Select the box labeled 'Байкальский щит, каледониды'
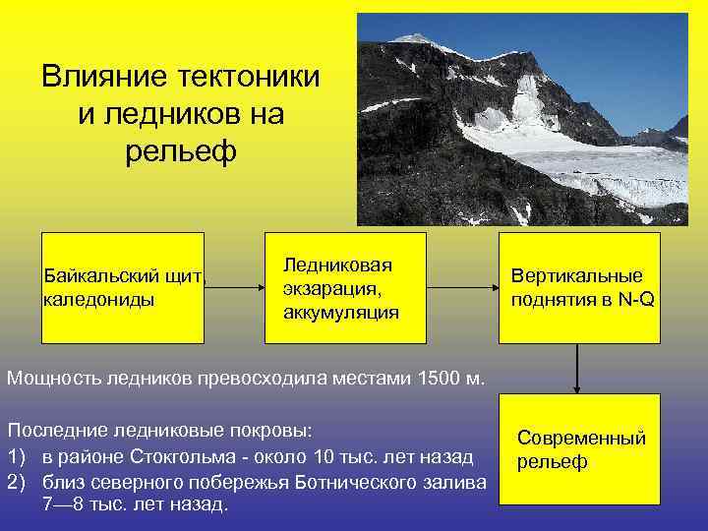pyautogui.click(x=123, y=287)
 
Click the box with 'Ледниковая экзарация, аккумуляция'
pyautogui.click(x=345, y=287)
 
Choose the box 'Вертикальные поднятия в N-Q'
pyautogui.click(x=578, y=287)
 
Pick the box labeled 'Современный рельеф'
pyautogui.click(x=578, y=449)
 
